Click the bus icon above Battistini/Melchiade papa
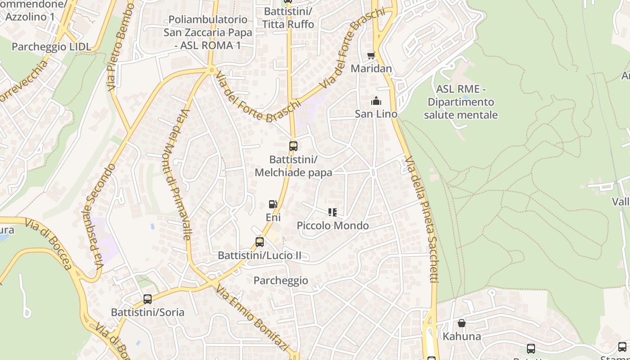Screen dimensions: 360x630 pyautogui.click(x=293, y=146)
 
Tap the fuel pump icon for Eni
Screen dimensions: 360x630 pyautogui.click(x=273, y=204)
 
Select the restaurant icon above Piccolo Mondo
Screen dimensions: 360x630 pyautogui.click(x=333, y=212)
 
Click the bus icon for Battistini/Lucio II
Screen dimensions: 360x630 pyautogui.click(x=260, y=242)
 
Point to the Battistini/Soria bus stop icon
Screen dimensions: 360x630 pyautogui.click(x=148, y=299)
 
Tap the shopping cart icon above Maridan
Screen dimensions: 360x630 pyautogui.click(x=371, y=55)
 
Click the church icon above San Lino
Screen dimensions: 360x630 pyautogui.click(x=376, y=101)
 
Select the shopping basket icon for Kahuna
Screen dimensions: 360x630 pyautogui.click(x=462, y=323)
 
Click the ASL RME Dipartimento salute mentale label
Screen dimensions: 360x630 pyautogui.click(x=461, y=102)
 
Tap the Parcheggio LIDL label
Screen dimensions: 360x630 pyautogui.click(x=51, y=47)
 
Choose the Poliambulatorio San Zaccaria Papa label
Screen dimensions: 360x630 pyautogui.click(x=207, y=32)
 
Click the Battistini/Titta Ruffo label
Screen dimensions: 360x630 pyautogui.click(x=288, y=18)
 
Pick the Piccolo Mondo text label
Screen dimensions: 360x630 pyautogui.click(x=333, y=225)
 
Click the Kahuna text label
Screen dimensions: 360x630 pyautogui.click(x=462, y=336)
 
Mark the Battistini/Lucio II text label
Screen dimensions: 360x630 pyautogui.click(x=260, y=256)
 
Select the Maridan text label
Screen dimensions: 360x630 pyautogui.click(x=371, y=69)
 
